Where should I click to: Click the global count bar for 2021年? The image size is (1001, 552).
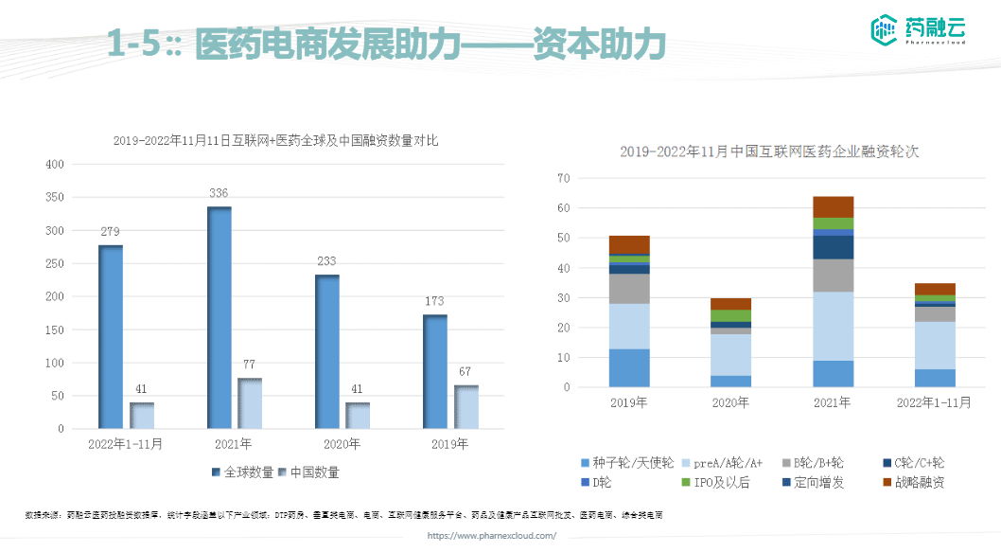click(x=220, y=317)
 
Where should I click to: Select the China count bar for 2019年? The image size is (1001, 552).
click(x=466, y=407)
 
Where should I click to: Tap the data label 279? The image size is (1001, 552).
click(x=111, y=233)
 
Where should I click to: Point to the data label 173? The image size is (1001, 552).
click(x=434, y=302)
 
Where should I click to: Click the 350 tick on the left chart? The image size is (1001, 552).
click(x=54, y=198)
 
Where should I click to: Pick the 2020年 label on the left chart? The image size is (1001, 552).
click(x=341, y=444)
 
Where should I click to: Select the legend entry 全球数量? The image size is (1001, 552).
click(x=243, y=472)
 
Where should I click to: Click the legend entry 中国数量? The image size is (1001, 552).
click(x=309, y=472)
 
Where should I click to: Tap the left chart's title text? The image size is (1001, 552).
click(x=275, y=140)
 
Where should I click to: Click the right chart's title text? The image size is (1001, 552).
click(x=770, y=151)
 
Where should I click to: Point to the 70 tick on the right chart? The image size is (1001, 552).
click(x=563, y=178)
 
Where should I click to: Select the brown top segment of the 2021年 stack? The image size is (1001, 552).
click(x=833, y=206)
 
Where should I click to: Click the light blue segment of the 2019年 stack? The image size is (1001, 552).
click(x=629, y=326)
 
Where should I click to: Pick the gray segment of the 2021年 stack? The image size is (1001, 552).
click(x=833, y=275)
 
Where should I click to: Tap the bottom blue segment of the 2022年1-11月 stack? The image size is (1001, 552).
click(x=935, y=378)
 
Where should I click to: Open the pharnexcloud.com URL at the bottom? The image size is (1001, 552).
click(x=492, y=536)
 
